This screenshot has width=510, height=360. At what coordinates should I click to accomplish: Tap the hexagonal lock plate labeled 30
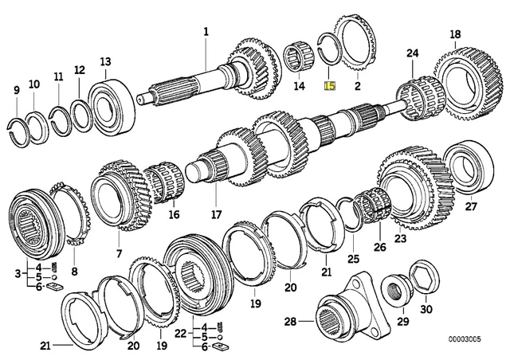click(422, 275)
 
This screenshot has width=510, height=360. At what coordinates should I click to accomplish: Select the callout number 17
click(215, 214)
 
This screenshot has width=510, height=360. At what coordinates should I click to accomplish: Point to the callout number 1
click(206, 32)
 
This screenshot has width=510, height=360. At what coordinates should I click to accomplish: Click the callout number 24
click(411, 53)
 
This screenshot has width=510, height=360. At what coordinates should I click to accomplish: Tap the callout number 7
click(118, 253)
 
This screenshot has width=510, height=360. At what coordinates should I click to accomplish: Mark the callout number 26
click(380, 247)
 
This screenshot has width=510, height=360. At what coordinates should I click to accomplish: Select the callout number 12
click(80, 71)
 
